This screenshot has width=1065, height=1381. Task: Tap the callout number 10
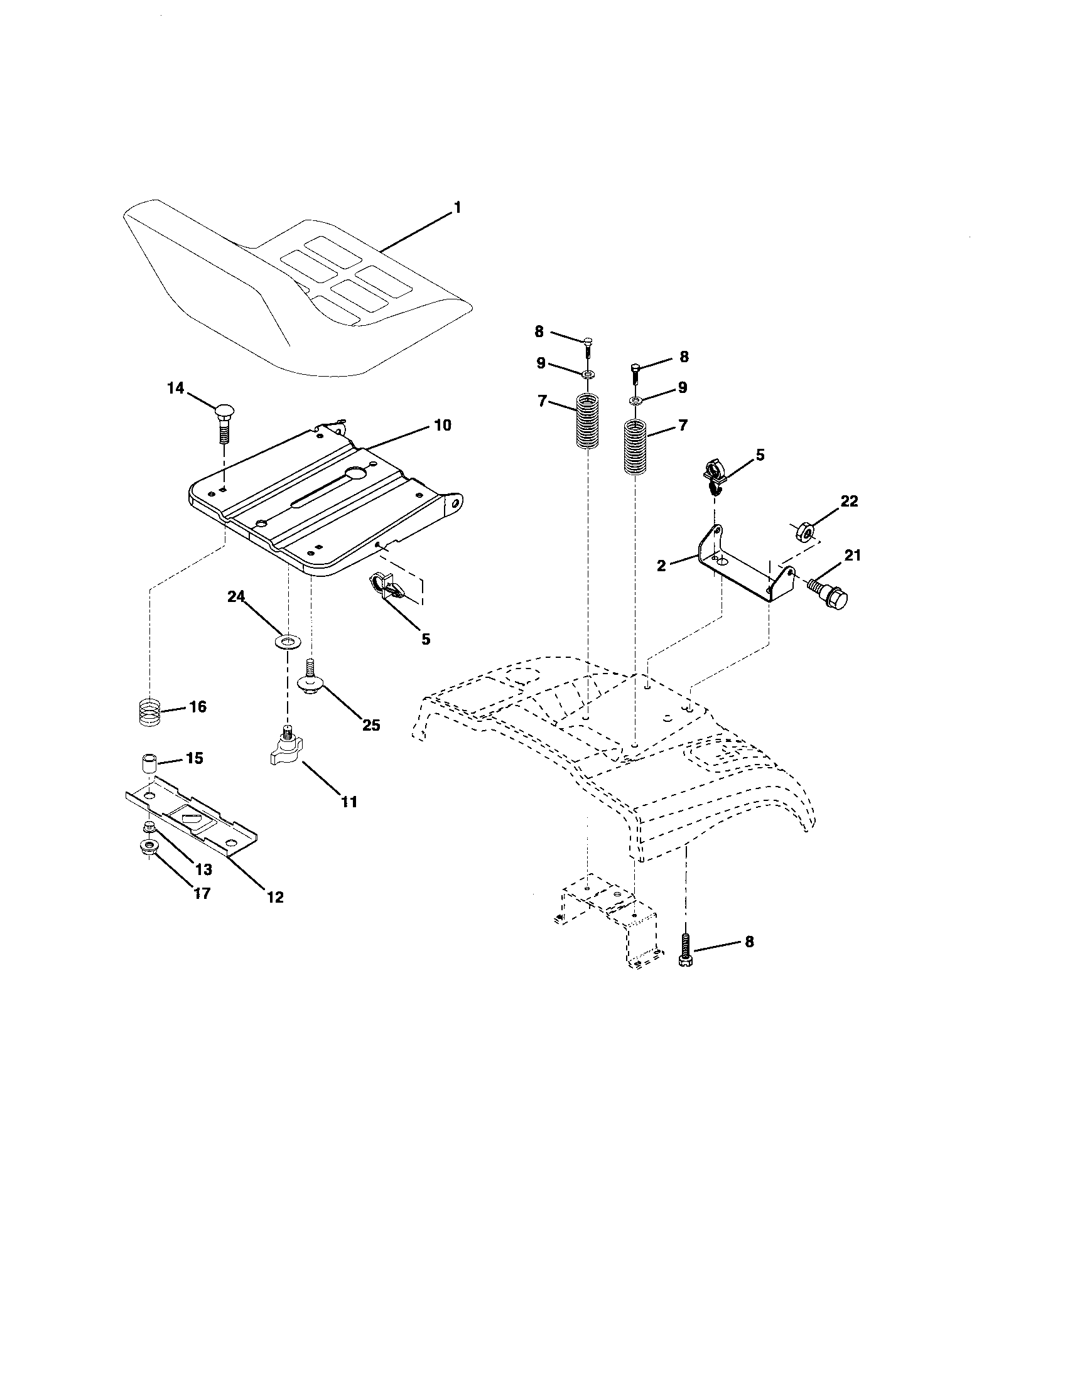point(443,425)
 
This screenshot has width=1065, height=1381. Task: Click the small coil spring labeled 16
point(149,712)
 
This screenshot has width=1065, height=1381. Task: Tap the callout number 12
point(275,896)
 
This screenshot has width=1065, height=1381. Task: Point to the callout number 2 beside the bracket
point(661,566)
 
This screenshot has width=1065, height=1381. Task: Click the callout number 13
point(203,869)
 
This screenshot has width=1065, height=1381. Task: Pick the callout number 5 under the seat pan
point(426,638)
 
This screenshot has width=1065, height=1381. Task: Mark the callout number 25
point(371,724)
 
